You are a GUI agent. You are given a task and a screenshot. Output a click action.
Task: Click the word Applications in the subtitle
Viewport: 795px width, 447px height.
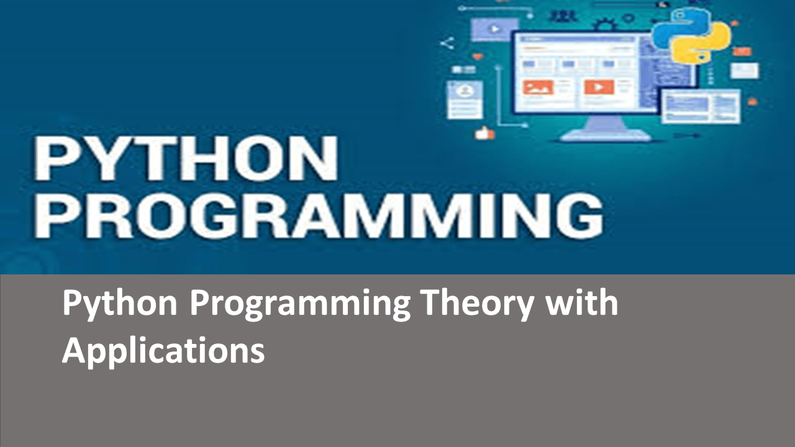tap(163, 351)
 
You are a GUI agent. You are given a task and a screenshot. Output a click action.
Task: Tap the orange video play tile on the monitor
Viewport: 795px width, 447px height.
tap(599, 88)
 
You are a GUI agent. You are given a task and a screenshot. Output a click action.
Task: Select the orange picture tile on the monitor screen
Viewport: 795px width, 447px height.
tap(538, 88)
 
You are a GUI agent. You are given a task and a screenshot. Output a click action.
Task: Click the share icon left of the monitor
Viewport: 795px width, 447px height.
tap(447, 43)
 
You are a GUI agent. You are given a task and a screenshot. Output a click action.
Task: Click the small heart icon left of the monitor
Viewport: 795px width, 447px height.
tap(477, 56)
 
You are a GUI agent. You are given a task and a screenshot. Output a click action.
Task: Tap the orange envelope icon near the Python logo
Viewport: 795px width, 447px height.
tap(742, 51)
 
